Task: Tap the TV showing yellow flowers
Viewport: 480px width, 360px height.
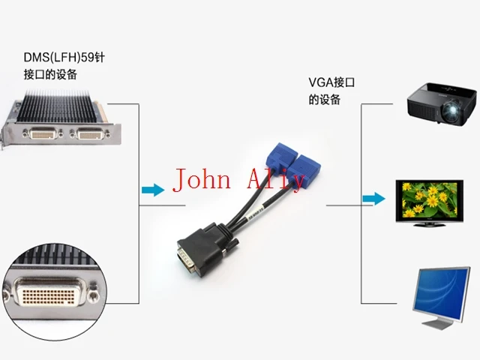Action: [428, 197]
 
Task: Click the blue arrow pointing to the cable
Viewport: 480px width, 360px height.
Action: [152, 190]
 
